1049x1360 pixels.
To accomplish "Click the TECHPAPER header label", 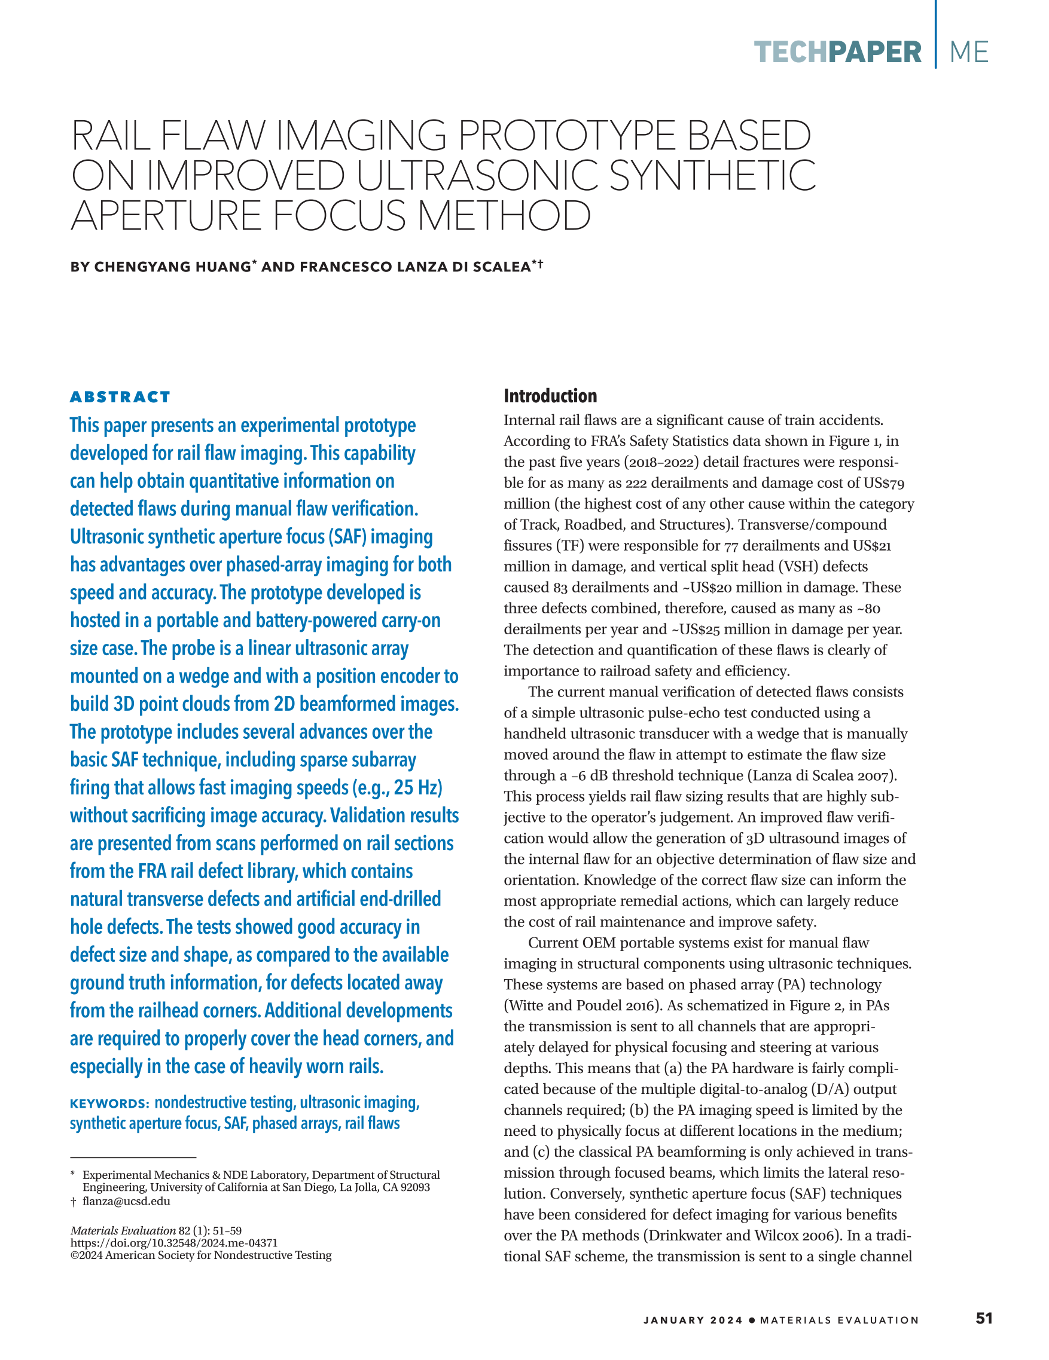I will [x=837, y=53].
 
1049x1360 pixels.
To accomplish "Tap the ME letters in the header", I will [x=969, y=53].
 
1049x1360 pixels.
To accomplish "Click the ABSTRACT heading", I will [x=120, y=398].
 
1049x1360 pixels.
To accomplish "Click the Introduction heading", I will [x=550, y=396].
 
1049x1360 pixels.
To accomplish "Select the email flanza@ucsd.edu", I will [x=126, y=1201].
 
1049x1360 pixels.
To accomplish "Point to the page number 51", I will [x=984, y=1319].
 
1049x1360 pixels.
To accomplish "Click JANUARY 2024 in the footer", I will [x=693, y=1320].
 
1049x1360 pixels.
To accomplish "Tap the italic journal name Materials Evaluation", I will [x=123, y=1230].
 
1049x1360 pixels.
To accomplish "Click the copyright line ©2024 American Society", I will [x=200, y=1255].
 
